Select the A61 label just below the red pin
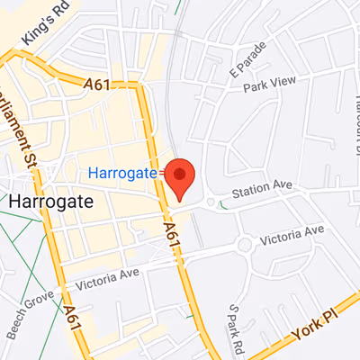coord(173,237)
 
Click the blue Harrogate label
coord(123,172)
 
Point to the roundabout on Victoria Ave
coord(245,244)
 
